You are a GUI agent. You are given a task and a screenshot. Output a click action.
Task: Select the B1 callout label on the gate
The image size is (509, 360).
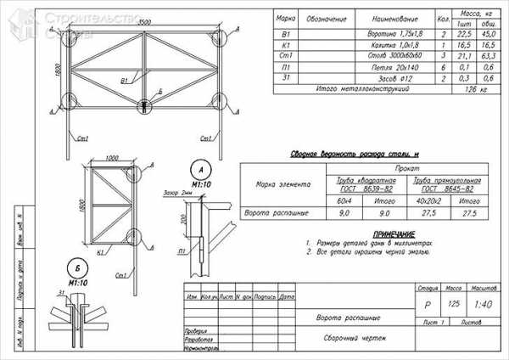pos(124,80)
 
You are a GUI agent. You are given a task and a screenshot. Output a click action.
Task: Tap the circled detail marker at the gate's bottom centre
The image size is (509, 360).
pos(146,105)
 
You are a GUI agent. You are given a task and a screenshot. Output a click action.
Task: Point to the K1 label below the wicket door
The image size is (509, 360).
pos(101,252)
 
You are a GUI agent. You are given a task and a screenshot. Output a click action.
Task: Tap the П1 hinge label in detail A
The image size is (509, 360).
pos(182,252)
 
